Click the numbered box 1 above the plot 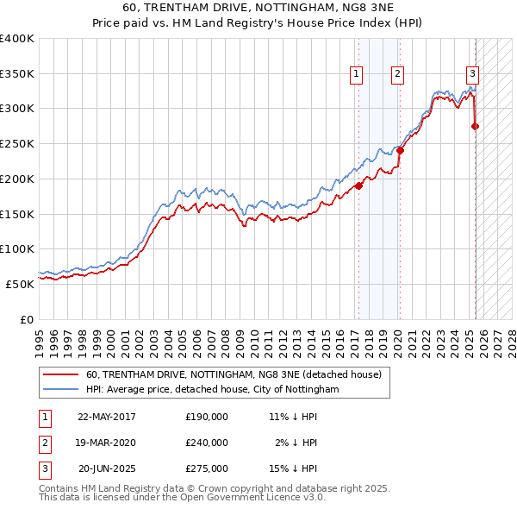(356, 75)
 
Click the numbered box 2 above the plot (397, 75)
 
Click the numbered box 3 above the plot (473, 75)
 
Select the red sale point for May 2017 (358, 185)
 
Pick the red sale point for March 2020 (400, 150)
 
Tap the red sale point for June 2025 (476, 126)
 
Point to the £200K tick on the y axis (17, 179)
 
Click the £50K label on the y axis (20, 284)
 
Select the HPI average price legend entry (212, 390)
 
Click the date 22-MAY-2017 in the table (107, 417)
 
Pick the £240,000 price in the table (207, 443)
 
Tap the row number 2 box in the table (44, 443)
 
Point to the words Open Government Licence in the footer (257, 498)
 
